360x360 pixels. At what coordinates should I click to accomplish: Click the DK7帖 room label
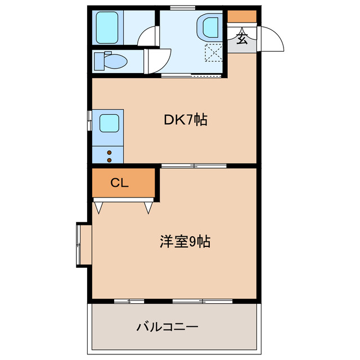pyautogui.click(x=186, y=120)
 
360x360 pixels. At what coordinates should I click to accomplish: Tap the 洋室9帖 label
pyautogui.click(x=184, y=242)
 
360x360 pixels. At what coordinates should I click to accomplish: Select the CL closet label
pyautogui.click(x=119, y=182)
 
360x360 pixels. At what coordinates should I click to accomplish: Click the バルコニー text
pyautogui.click(x=168, y=326)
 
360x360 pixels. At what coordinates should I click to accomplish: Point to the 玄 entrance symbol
pyautogui.click(x=242, y=39)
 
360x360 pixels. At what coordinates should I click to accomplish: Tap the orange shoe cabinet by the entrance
pyautogui.click(x=242, y=15)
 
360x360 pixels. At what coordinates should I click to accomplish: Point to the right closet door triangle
pyautogui.click(x=148, y=207)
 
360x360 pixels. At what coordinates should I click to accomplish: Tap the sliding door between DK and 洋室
pyautogui.click(x=193, y=165)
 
